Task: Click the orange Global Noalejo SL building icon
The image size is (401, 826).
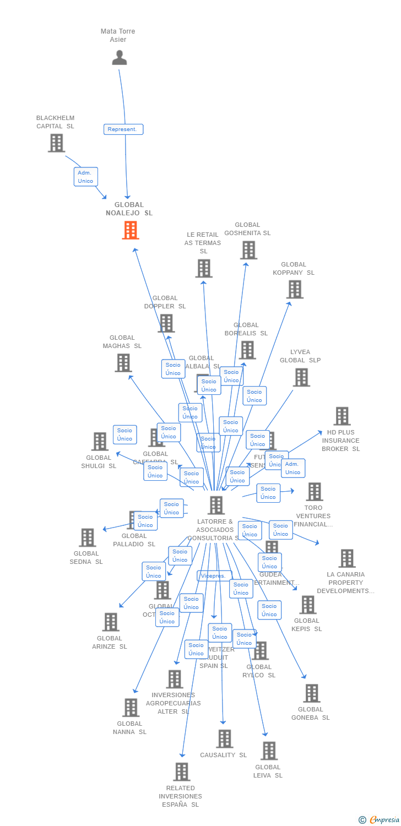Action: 131,230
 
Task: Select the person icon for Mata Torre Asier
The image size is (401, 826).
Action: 119,57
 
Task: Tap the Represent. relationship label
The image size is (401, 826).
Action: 123,129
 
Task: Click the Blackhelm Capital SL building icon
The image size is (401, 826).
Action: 56,143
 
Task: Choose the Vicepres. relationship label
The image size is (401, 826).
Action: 214,576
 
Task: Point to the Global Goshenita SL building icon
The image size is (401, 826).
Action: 248,250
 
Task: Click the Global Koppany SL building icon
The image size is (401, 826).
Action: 295,289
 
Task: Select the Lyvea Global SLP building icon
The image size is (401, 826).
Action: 301,377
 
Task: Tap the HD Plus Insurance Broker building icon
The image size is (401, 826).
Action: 342,416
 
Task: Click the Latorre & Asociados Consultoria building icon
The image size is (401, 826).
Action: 216,505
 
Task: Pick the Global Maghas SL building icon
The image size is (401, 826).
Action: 123,363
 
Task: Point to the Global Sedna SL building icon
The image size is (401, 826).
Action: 87,537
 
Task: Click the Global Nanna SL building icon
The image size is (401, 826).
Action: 131,708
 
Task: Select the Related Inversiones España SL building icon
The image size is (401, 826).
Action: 182,772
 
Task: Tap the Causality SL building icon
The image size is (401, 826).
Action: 224,739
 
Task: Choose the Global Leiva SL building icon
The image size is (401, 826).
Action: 269,751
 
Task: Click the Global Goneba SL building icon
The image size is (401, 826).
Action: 311,693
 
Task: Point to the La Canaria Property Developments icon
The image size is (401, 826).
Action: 346,558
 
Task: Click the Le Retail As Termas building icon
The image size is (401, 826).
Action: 204,268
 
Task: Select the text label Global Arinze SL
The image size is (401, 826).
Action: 110,643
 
